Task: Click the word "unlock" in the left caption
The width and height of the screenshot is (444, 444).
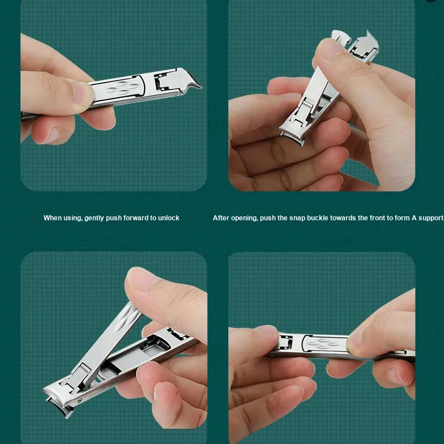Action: click(169, 217)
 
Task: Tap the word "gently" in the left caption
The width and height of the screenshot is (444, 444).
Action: click(94, 218)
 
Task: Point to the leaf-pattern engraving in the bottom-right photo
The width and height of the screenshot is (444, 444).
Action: click(323, 343)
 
